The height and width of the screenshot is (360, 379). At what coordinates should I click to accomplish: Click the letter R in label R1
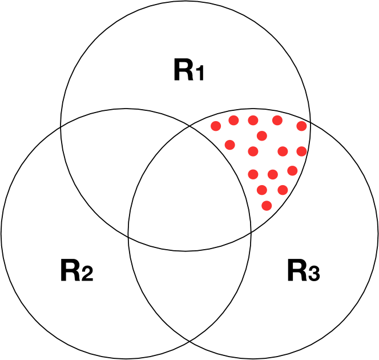pos(182,70)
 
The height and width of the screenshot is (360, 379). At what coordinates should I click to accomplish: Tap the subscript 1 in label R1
pos(199,74)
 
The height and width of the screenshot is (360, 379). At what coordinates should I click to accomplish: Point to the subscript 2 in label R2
pos(86,275)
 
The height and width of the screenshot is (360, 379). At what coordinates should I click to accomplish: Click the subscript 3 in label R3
pos(313,275)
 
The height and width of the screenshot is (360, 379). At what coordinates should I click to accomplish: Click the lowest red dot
pos(267,205)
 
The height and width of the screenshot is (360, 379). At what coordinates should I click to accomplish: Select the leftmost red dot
pos(216,126)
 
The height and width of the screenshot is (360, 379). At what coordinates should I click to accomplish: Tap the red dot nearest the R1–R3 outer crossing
pos(302,126)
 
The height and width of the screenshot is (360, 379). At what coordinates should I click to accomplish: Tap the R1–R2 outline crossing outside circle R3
pos(61,126)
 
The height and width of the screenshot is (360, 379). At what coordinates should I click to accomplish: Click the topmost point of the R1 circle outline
pos(186,1)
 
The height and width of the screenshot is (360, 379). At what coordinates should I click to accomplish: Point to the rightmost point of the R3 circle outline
pos(378,234)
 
